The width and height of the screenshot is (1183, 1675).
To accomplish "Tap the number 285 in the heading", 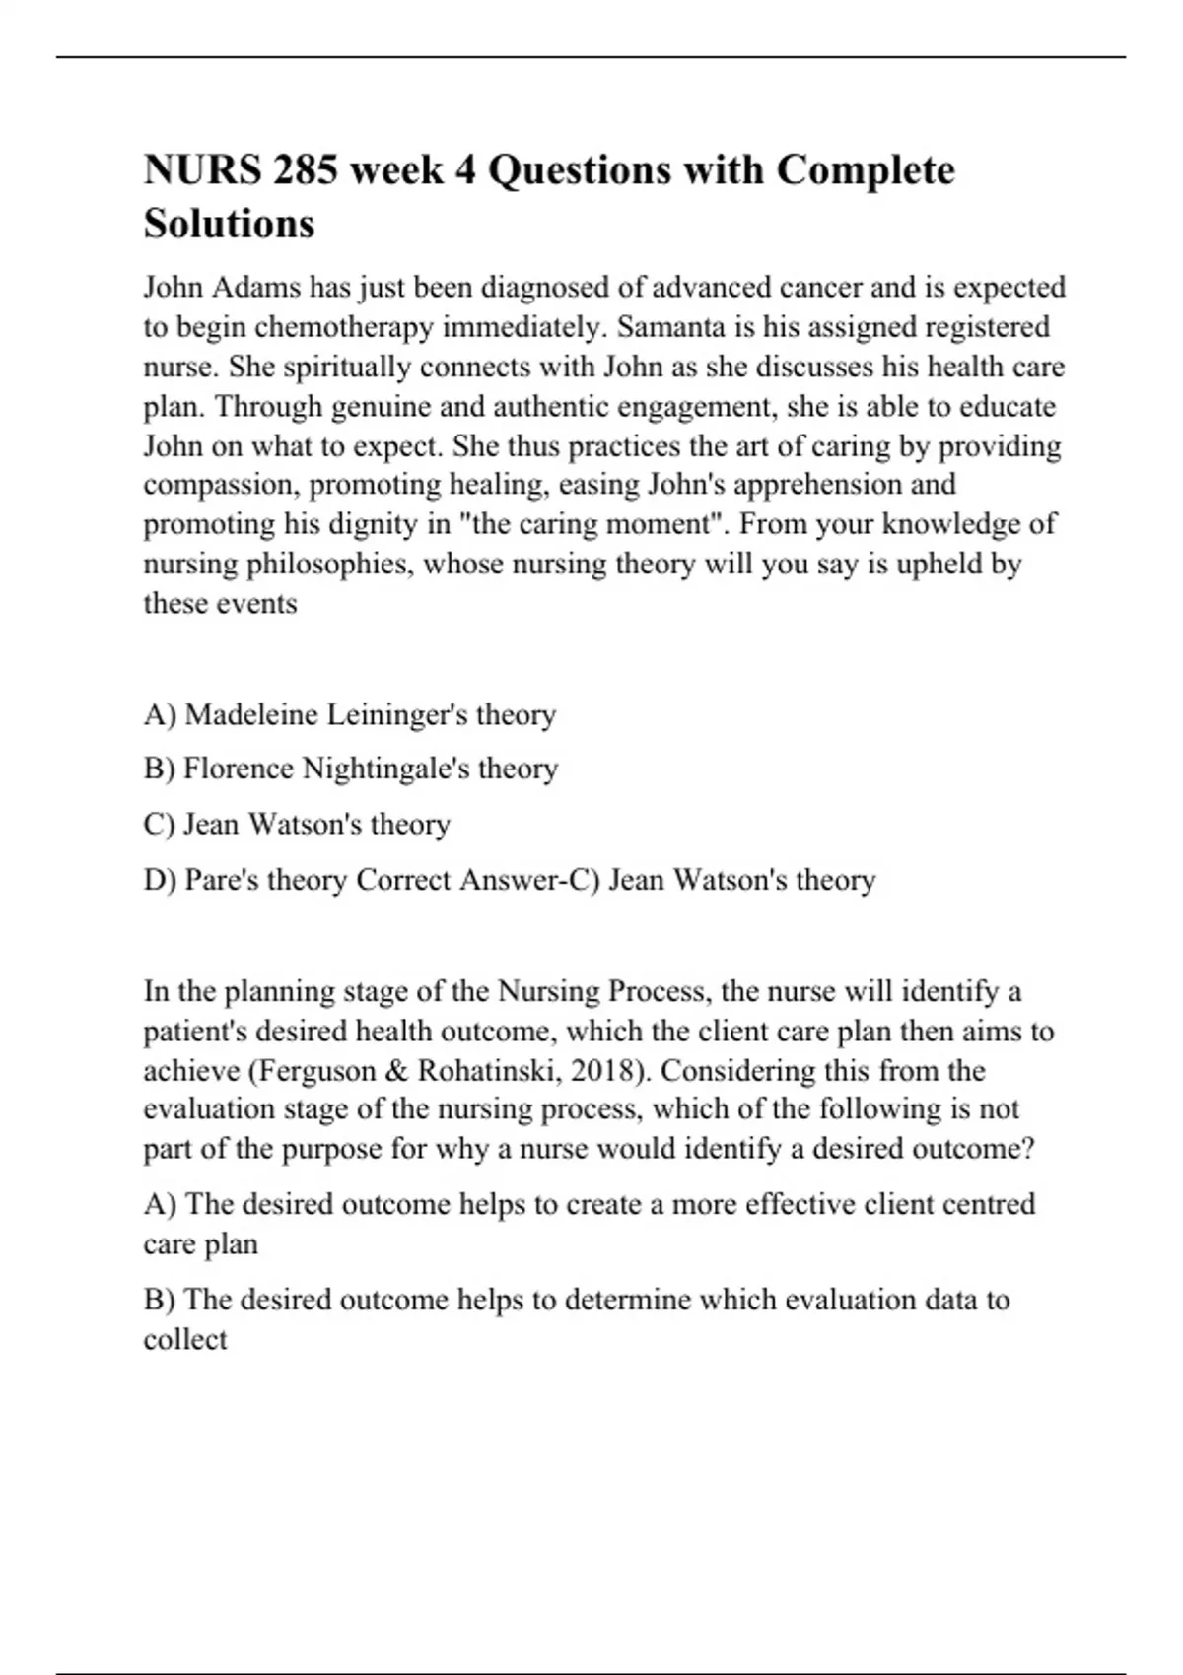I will point(306,170).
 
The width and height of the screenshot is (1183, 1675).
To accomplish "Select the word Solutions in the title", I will point(229,224).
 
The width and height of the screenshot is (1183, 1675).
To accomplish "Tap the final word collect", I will point(185,1340).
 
